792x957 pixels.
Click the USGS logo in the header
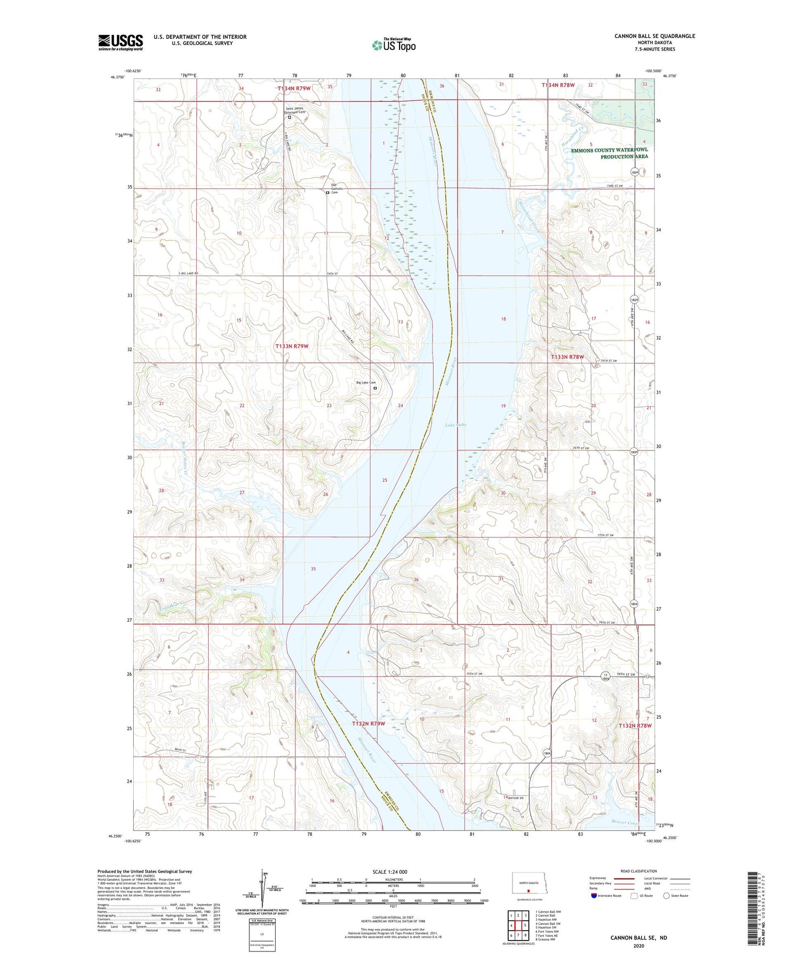[x=121, y=42]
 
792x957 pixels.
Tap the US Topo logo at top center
[x=392, y=45]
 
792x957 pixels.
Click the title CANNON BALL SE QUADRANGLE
[x=654, y=36]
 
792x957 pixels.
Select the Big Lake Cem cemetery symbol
[x=375, y=388]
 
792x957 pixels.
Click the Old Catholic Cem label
[x=335, y=189]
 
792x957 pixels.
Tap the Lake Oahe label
[x=455, y=425]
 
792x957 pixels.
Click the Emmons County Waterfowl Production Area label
[x=609, y=153]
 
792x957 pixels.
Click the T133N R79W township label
[x=292, y=346]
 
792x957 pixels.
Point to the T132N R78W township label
[x=635, y=725]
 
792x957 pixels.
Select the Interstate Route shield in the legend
[x=595, y=896]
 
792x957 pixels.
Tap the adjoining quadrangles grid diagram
[x=518, y=924]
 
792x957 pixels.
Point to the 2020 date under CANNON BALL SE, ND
[x=639, y=945]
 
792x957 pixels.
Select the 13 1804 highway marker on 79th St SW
[x=605, y=676]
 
